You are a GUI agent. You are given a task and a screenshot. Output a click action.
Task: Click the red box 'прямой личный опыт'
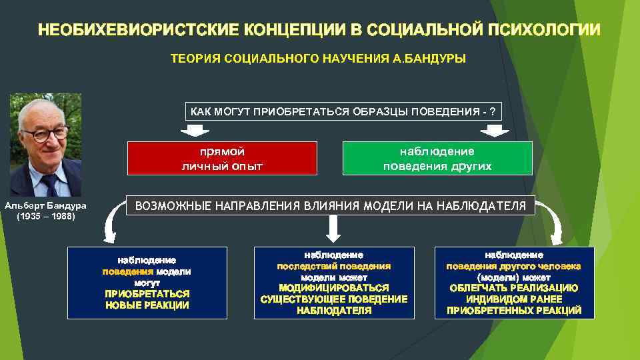point(223,158)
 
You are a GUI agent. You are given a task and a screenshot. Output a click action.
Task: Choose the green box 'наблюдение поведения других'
point(437,158)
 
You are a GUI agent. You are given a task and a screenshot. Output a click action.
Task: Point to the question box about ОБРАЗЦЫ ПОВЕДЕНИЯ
point(343,111)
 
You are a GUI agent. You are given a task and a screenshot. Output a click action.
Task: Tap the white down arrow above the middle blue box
point(333,231)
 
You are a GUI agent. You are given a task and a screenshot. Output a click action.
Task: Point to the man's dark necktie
point(50,183)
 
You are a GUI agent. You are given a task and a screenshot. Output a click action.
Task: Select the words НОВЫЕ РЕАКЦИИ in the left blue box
point(147,305)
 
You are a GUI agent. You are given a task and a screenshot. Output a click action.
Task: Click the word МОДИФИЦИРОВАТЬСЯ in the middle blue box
point(333,287)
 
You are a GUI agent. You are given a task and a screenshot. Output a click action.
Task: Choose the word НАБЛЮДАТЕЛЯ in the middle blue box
point(333,310)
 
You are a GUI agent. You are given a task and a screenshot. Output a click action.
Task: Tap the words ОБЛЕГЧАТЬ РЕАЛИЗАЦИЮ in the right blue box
point(514,287)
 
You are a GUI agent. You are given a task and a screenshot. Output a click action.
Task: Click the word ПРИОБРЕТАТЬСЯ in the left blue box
point(147,293)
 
